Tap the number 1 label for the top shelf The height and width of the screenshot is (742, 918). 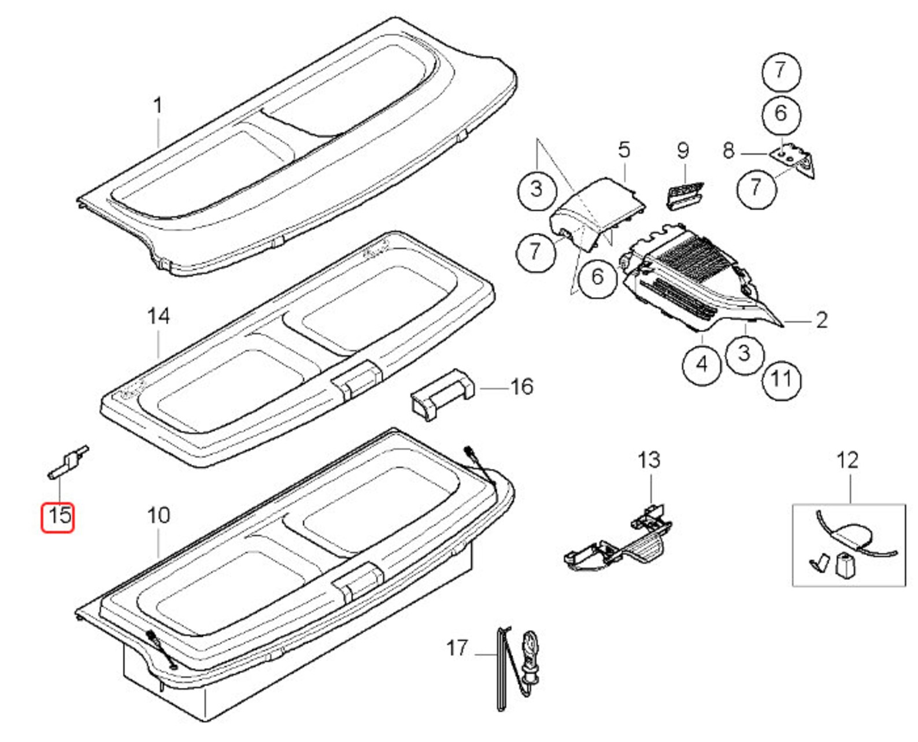tap(157, 107)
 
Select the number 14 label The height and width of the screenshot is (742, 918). tap(158, 317)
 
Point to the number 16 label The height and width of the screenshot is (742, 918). tap(521, 387)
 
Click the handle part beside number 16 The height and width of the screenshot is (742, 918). tap(442, 394)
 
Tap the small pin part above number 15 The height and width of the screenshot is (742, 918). tap(68, 461)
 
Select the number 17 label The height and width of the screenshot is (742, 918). tap(457, 648)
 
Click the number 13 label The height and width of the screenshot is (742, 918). tap(649, 461)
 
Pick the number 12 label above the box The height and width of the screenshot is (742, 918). tap(847, 461)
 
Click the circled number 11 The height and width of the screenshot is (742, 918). tap(782, 380)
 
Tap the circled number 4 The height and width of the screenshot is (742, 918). tap(702, 364)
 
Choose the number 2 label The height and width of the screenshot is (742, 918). tap(821, 320)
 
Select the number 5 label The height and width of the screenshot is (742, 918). tap(624, 150)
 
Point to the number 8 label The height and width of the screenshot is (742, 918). tap(728, 151)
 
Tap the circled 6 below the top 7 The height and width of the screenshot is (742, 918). tap(781, 113)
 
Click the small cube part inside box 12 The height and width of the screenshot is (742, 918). tap(845, 565)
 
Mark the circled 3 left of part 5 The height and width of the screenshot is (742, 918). tap(536, 189)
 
